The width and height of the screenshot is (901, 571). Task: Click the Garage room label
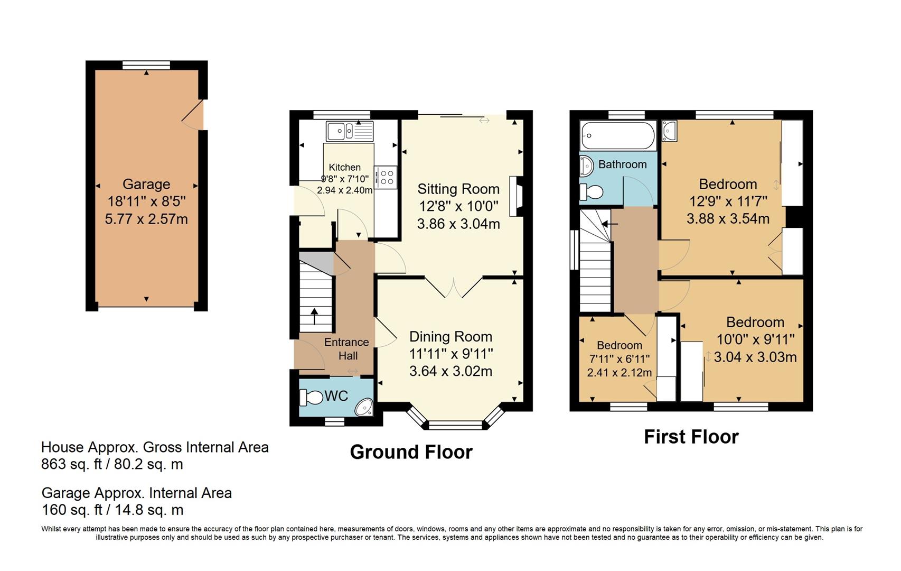click(146, 184)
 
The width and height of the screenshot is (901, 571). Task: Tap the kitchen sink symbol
click(349, 131)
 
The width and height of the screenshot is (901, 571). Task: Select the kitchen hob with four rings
click(386, 177)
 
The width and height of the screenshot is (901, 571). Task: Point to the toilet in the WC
click(311, 397)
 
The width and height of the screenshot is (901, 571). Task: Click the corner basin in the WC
click(364, 408)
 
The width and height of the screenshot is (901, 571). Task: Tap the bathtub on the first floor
click(617, 135)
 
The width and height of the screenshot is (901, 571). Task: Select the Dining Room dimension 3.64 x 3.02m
click(450, 371)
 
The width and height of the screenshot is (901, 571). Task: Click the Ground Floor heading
click(411, 452)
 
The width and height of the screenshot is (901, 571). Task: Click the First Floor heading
click(691, 437)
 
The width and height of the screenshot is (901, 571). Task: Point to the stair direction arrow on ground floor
click(314, 316)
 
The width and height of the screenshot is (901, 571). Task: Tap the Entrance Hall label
click(346, 349)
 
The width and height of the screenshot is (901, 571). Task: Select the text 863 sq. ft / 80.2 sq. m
click(112, 465)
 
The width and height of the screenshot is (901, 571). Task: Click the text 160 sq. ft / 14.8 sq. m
click(112, 510)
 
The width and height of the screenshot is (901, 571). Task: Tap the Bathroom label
click(622, 164)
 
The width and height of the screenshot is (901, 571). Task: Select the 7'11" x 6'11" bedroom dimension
click(619, 359)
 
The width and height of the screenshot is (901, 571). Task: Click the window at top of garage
click(146, 66)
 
